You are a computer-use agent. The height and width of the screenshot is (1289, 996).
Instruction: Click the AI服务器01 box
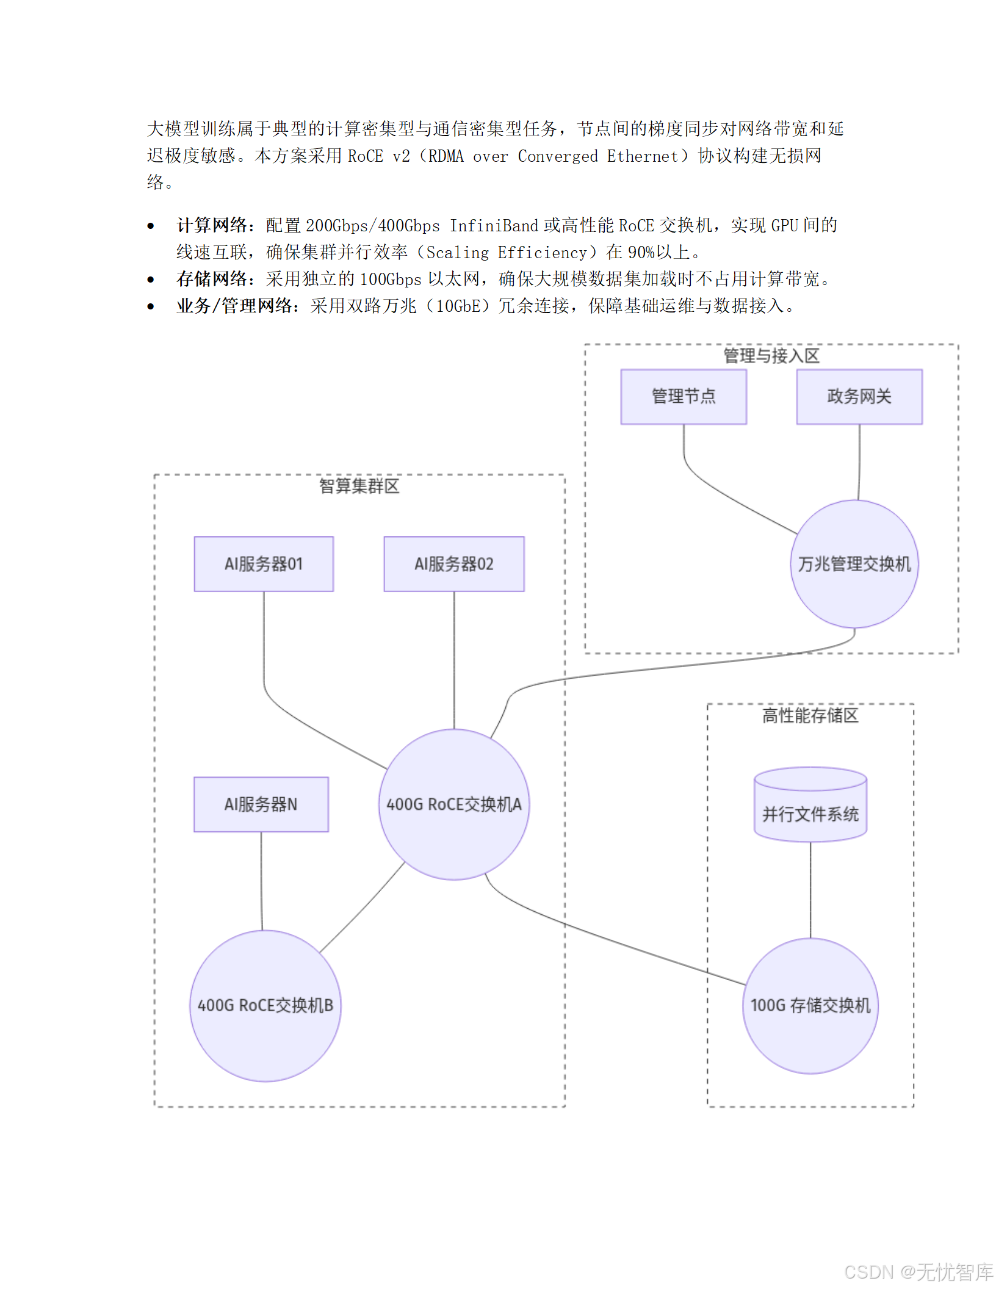point(264,564)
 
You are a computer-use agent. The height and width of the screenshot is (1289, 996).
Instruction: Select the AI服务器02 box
point(453,564)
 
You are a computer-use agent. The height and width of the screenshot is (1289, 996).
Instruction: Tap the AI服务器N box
point(261,804)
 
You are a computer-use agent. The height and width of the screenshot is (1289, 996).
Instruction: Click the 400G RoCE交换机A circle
point(454,804)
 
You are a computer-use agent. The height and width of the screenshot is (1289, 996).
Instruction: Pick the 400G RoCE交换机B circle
point(265,1005)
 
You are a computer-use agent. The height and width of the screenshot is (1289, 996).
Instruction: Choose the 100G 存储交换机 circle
point(810,1005)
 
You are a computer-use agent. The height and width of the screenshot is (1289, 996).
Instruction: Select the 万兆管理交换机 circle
point(854,564)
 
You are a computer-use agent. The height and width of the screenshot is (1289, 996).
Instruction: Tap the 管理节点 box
point(684,397)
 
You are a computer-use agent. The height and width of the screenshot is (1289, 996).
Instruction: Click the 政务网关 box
point(859,397)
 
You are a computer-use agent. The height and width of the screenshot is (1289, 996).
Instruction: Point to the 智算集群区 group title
point(359,486)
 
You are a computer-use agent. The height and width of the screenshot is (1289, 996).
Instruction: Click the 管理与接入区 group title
point(771,356)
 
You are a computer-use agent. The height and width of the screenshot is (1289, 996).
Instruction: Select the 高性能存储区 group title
point(810,715)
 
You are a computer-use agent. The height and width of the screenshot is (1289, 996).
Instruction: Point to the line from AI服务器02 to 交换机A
point(454,659)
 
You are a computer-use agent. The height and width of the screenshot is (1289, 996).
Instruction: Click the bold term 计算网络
point(212,225)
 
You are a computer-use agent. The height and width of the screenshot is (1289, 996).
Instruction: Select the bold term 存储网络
point(212,279)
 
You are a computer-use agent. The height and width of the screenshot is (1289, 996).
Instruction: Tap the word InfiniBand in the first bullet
point(494,226)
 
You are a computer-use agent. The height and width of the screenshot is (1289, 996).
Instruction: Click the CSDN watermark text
point(918,1272)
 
